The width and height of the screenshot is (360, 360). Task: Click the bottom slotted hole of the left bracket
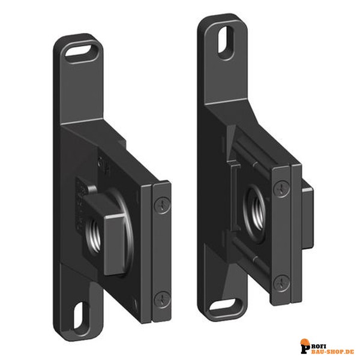point(79,315)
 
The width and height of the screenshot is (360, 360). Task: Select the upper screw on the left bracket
point(163,205)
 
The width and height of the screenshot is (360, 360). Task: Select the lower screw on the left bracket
point(163,299)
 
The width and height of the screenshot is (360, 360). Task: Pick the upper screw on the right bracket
point(282,188)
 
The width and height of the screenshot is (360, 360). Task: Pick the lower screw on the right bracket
point(282,283)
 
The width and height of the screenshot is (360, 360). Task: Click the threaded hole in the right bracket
point(256,214)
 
